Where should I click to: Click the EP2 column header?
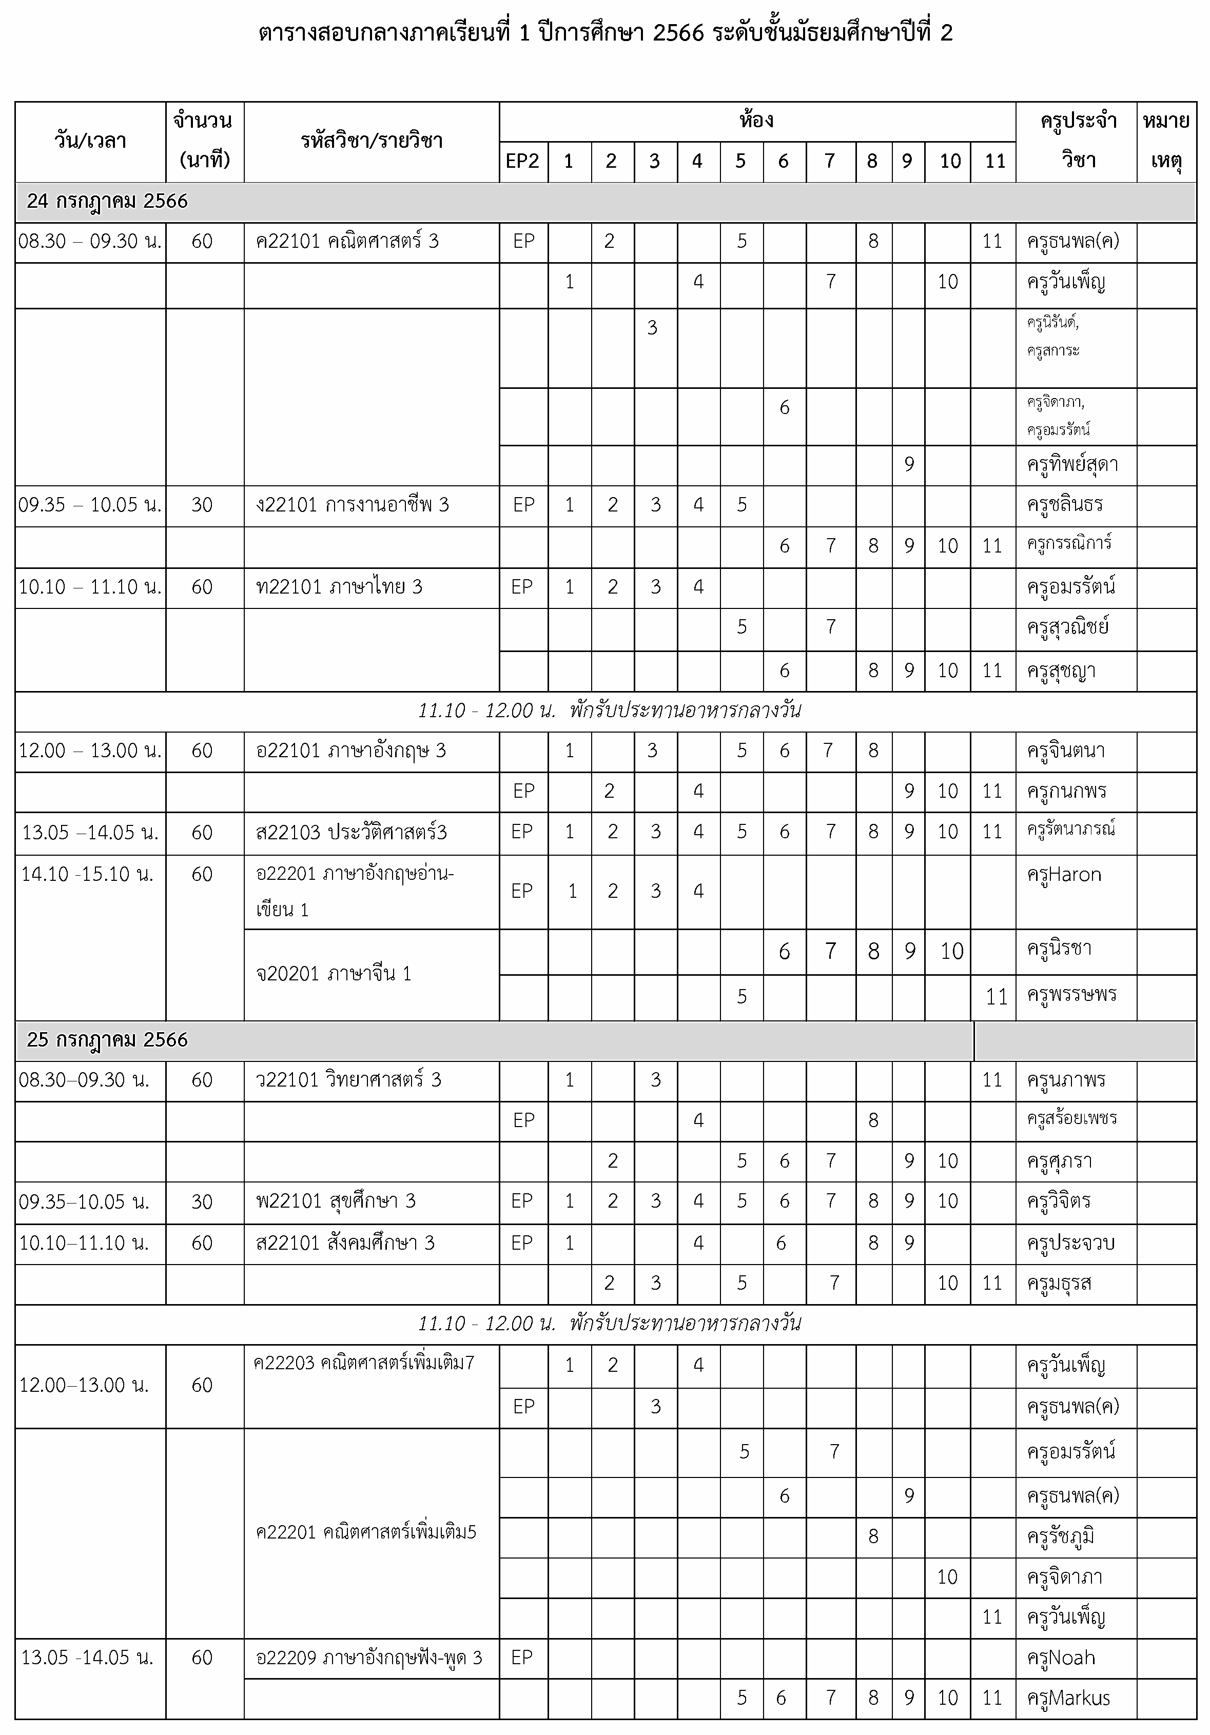point(523,161)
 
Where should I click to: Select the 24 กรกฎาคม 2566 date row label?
point(107,202)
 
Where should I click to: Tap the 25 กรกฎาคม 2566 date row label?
point(107,1040)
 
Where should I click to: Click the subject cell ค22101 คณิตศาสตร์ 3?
point(348,242)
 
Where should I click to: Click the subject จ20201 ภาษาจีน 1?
point(334,973)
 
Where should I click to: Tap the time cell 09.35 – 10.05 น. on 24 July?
point(90,505)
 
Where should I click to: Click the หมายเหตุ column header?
point(1166,141)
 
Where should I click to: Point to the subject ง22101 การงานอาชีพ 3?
point(353,505)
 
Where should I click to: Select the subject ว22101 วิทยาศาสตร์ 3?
point(349,1080)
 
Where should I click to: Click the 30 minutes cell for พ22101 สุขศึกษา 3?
point(202,1201)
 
